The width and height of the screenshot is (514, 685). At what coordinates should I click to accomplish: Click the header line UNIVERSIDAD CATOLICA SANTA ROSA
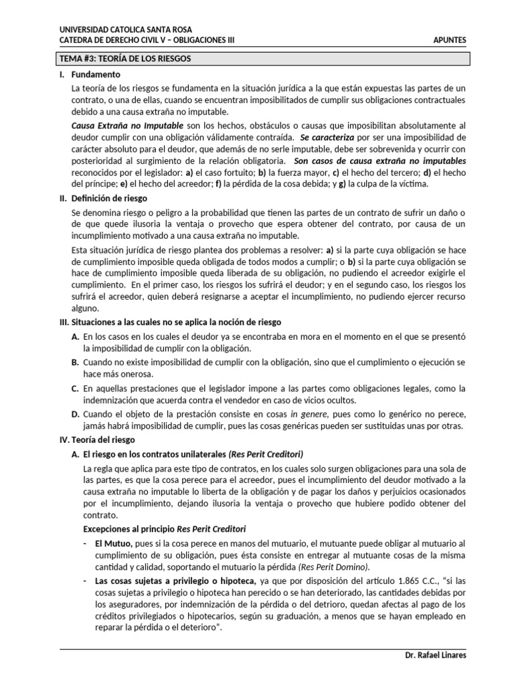click(x=126, y=29)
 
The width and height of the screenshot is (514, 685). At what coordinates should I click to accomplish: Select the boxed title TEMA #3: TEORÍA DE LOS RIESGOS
click(x=126, y=58)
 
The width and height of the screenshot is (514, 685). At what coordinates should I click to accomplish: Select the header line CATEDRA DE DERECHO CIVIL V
click(x=147, y=40)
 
